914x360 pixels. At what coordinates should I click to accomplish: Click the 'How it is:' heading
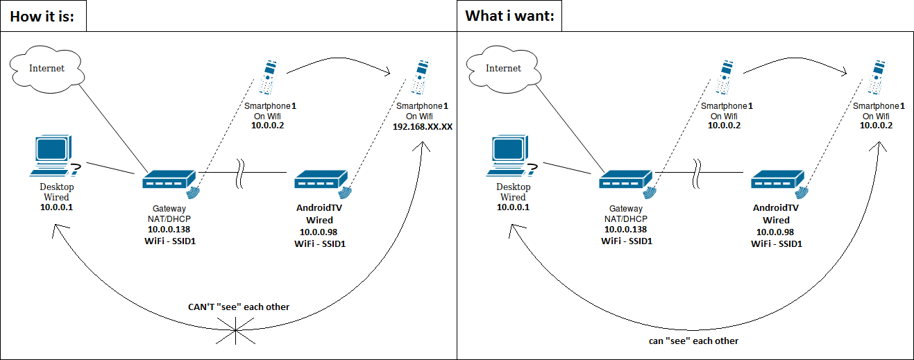(x=43, y=15)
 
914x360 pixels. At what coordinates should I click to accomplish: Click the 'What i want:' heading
(x=509, y=15)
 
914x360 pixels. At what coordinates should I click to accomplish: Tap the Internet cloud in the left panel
(x=46, y=69)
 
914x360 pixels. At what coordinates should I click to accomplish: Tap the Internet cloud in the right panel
(x=503, y=69)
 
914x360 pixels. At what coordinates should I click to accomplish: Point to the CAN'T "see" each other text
(x=239, y=307)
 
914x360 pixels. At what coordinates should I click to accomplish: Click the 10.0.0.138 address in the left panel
(x=169, y=229)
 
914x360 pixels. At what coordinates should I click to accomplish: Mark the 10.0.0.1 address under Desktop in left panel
(x=56, y=207)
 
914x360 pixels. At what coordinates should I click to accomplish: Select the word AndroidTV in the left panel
(x=319, y=208)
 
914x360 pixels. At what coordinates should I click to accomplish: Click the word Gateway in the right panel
(x=626, y=208)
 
